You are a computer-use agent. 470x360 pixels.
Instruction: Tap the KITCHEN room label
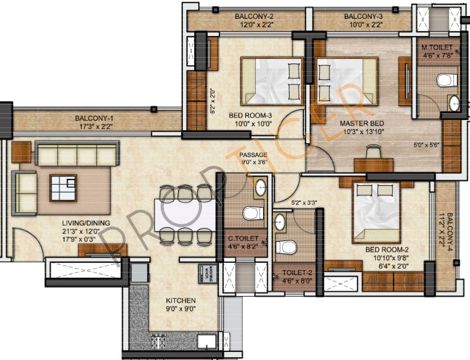click(180, 301)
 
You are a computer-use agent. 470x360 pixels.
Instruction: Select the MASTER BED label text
click(362, 123)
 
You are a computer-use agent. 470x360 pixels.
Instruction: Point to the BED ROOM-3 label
click(250, 115)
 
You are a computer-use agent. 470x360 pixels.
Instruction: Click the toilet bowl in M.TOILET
click(447, 80)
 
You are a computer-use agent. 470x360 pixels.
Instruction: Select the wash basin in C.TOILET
click(260, 187)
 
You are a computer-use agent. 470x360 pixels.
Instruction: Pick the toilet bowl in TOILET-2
click(286, 247)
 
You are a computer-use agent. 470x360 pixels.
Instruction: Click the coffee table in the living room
click(63, 188)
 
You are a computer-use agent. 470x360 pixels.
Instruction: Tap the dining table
click(186, 215)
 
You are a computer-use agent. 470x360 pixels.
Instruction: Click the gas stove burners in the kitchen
click(158, 341)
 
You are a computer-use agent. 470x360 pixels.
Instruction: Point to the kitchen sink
click(207, 341)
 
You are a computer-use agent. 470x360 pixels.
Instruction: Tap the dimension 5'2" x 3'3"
click(304, 202)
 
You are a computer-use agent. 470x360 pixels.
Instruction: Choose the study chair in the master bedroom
click(373, 151)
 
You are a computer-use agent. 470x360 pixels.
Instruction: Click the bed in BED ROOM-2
click(377, 212)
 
